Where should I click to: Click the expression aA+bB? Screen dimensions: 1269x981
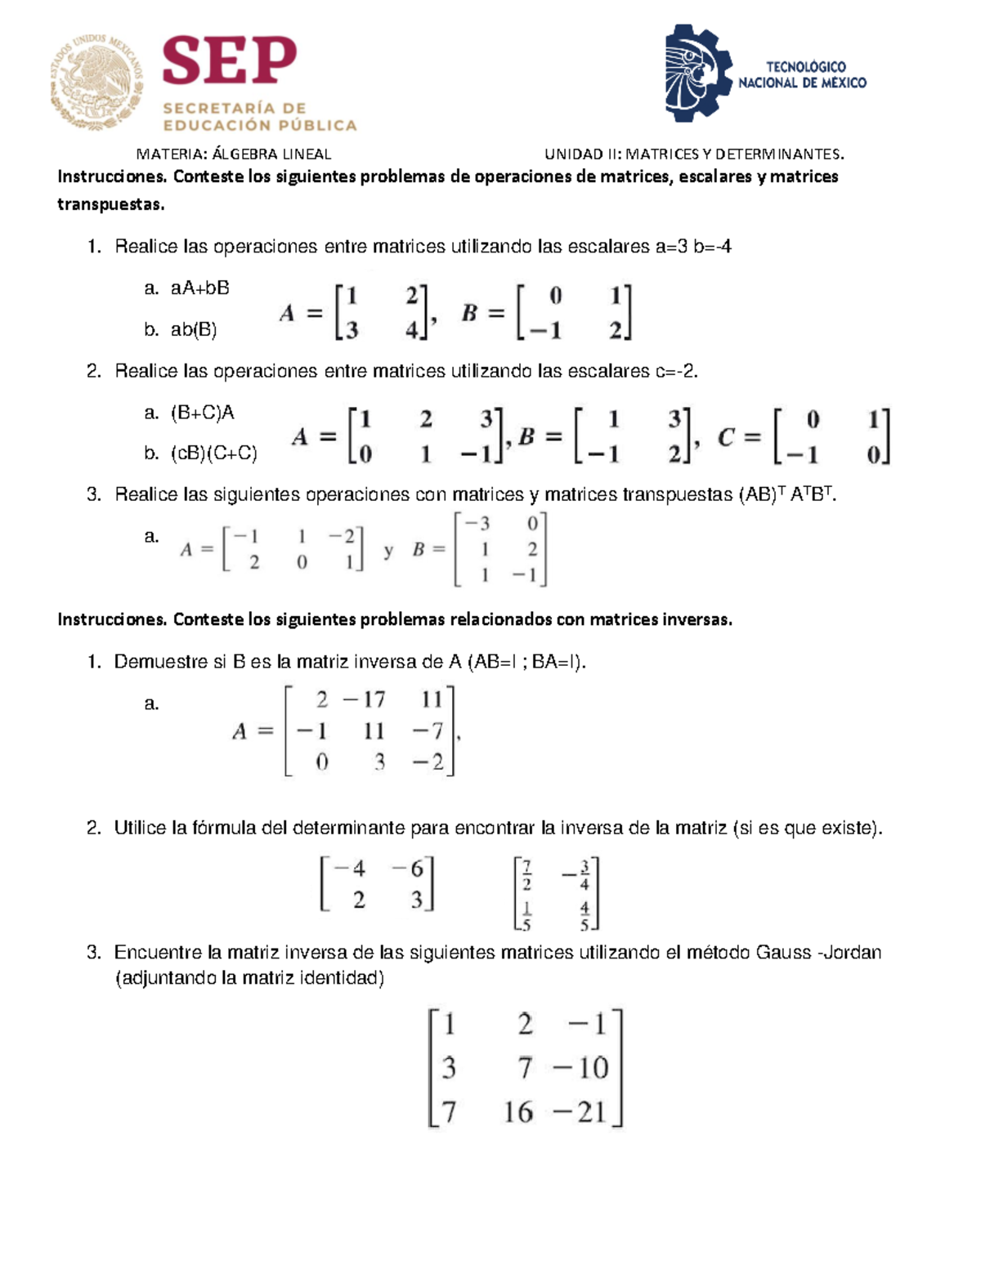click(x=199, y=288)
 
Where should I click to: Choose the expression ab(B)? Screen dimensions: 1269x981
click(x=194, y=330)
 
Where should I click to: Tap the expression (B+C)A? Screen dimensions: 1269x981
click(x=202, y=413)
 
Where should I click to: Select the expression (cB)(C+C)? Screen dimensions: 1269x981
click(x=213, y=454)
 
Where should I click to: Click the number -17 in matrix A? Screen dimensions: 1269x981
click(x=364, y=700)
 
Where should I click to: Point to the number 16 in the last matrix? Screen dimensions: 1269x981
click(x=518, y=1112)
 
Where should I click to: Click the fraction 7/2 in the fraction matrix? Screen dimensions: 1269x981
click(x=526, y=874)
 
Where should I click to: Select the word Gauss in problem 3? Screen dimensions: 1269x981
click(x=783, y=953)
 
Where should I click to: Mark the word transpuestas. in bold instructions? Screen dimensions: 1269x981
click(x=110, y=204)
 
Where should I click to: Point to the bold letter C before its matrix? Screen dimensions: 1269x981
click(x=726, y=438)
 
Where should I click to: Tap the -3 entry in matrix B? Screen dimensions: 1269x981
click(x=477, y=523)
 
